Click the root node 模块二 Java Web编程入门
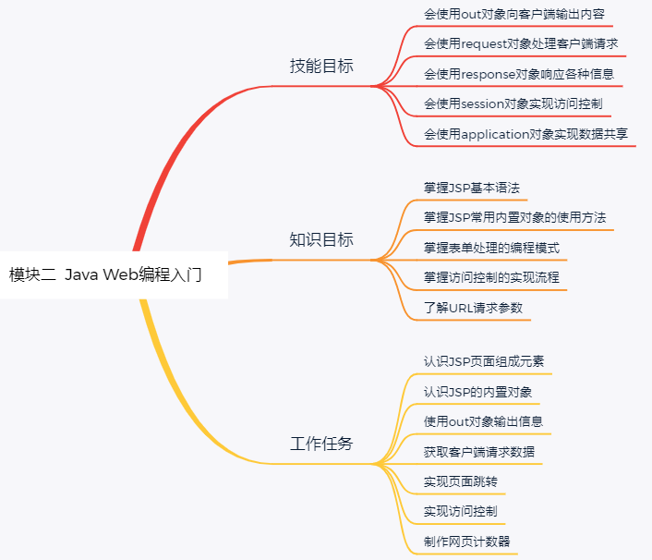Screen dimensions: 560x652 click(105, 274)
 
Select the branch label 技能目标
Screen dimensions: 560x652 click(321, 67)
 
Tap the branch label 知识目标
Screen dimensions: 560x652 click(321, 240)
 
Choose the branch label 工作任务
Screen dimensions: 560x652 click(321, 444)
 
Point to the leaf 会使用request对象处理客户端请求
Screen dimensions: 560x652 click(521, 43)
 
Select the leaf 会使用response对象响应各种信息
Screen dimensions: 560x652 click(519, 74)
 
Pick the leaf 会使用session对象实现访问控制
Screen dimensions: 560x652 click(513, 103)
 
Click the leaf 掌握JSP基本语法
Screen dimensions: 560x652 click(472, 188)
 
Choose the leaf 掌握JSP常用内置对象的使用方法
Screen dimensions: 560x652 click(515, 217)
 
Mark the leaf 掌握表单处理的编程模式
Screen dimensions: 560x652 click(491, 248)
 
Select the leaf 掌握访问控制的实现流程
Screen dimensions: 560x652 click(491, 277)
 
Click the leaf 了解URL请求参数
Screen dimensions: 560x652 click(473, 308)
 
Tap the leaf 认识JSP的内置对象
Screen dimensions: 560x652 click(478, 391)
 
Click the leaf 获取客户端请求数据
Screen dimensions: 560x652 click(478, 452)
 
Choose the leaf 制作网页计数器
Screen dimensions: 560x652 click(467, 542)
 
